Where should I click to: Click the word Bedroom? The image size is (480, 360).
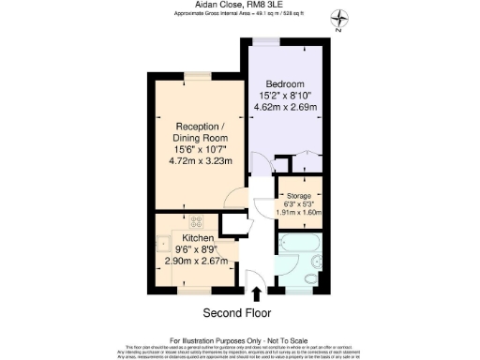tap(285, 82)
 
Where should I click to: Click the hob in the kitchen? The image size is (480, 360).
tap(198, 223)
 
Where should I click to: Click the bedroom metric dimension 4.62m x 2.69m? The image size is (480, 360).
tap(286, 107)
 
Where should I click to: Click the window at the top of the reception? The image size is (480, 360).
tap(197, 73)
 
